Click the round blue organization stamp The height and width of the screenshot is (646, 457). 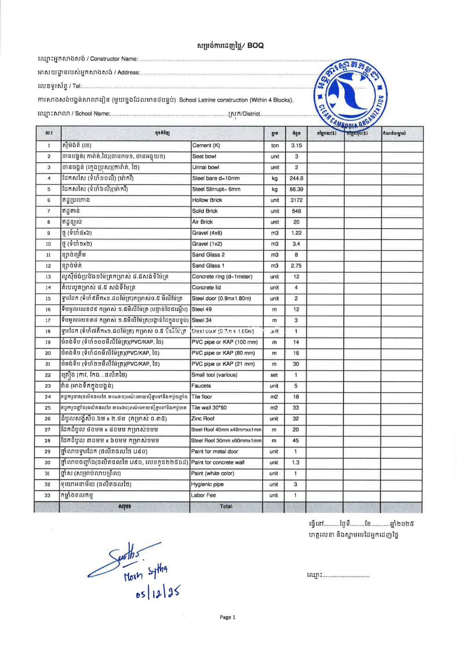(x=349, y=94)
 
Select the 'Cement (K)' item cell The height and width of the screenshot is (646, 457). (x=206, y=145)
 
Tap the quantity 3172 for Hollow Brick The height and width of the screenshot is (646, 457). (x=296, y=200)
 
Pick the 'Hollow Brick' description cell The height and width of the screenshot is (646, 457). (x=207, y=200)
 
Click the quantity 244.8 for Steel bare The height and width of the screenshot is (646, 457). (x=296, y=178)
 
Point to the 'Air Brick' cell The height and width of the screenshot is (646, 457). (x=202, y=222)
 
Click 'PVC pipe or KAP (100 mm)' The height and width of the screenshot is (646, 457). (x=224, y=342)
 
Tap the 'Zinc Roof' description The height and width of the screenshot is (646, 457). (x=203, y=419)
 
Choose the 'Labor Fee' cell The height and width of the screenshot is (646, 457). (x=203, y=495)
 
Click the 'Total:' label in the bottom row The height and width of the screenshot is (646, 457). (x=226, y=506)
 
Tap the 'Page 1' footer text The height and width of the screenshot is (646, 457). (x=228, y=617)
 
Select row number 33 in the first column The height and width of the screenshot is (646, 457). (x=48, y=495)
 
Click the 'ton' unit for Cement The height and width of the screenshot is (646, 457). (x=275, y=145)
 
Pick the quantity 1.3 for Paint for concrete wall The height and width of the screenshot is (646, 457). (x=295, y=462)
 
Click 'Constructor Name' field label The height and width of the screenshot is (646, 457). (x=114, y=59)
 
